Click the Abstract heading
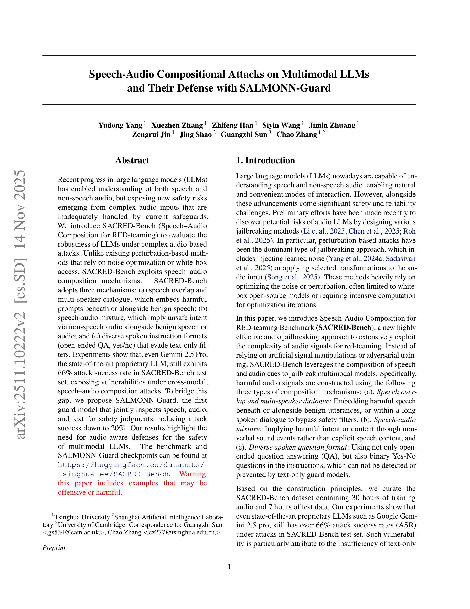132,160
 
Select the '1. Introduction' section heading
265,160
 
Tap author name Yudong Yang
120,125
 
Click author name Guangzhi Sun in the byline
244,135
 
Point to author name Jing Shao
196,135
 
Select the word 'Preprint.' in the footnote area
55,547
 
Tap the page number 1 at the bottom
229,567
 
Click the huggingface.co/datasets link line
131,465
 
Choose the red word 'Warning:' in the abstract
194,474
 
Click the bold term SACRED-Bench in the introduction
345,327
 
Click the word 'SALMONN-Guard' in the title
285,88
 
